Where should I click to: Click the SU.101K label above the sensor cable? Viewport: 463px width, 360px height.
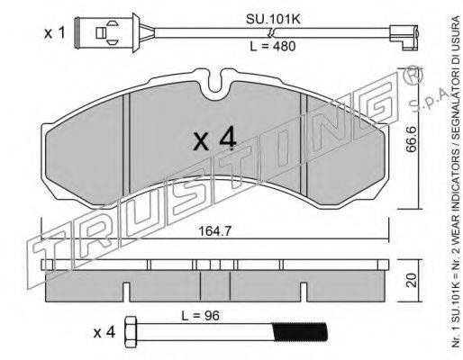coord(273,19)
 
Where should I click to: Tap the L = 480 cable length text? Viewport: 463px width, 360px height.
coord(273,46)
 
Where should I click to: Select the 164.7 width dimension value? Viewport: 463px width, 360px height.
coord(215,231)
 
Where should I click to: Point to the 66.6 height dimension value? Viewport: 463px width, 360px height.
coord(412,139)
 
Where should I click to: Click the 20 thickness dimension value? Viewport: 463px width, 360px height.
coord(412,280)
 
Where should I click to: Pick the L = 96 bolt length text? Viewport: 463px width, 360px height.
coord(200,315)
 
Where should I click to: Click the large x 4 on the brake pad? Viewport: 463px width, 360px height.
coord(214,139)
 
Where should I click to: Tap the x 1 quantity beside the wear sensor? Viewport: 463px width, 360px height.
coord(54,32)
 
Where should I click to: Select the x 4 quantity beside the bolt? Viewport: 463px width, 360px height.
coord(104,333)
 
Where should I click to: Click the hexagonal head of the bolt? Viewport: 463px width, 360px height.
coord(131,332)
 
